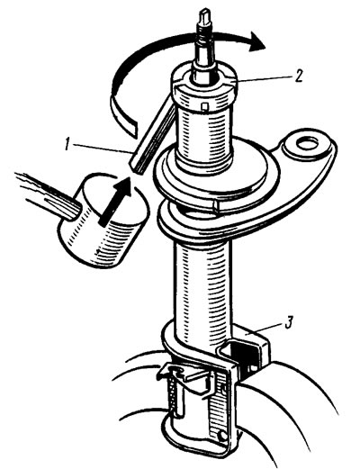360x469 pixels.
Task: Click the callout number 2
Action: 298,76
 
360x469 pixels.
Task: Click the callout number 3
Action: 288,323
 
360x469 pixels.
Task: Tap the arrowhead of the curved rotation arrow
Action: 257,41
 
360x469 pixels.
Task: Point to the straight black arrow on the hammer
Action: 114,201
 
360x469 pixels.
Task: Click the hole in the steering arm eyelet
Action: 307,143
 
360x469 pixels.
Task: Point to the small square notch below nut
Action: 205,106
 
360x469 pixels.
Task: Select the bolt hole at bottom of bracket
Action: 222,436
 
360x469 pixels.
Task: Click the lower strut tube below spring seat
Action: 202,285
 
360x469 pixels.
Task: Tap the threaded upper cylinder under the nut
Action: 204,135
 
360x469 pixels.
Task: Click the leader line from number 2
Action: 264,78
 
